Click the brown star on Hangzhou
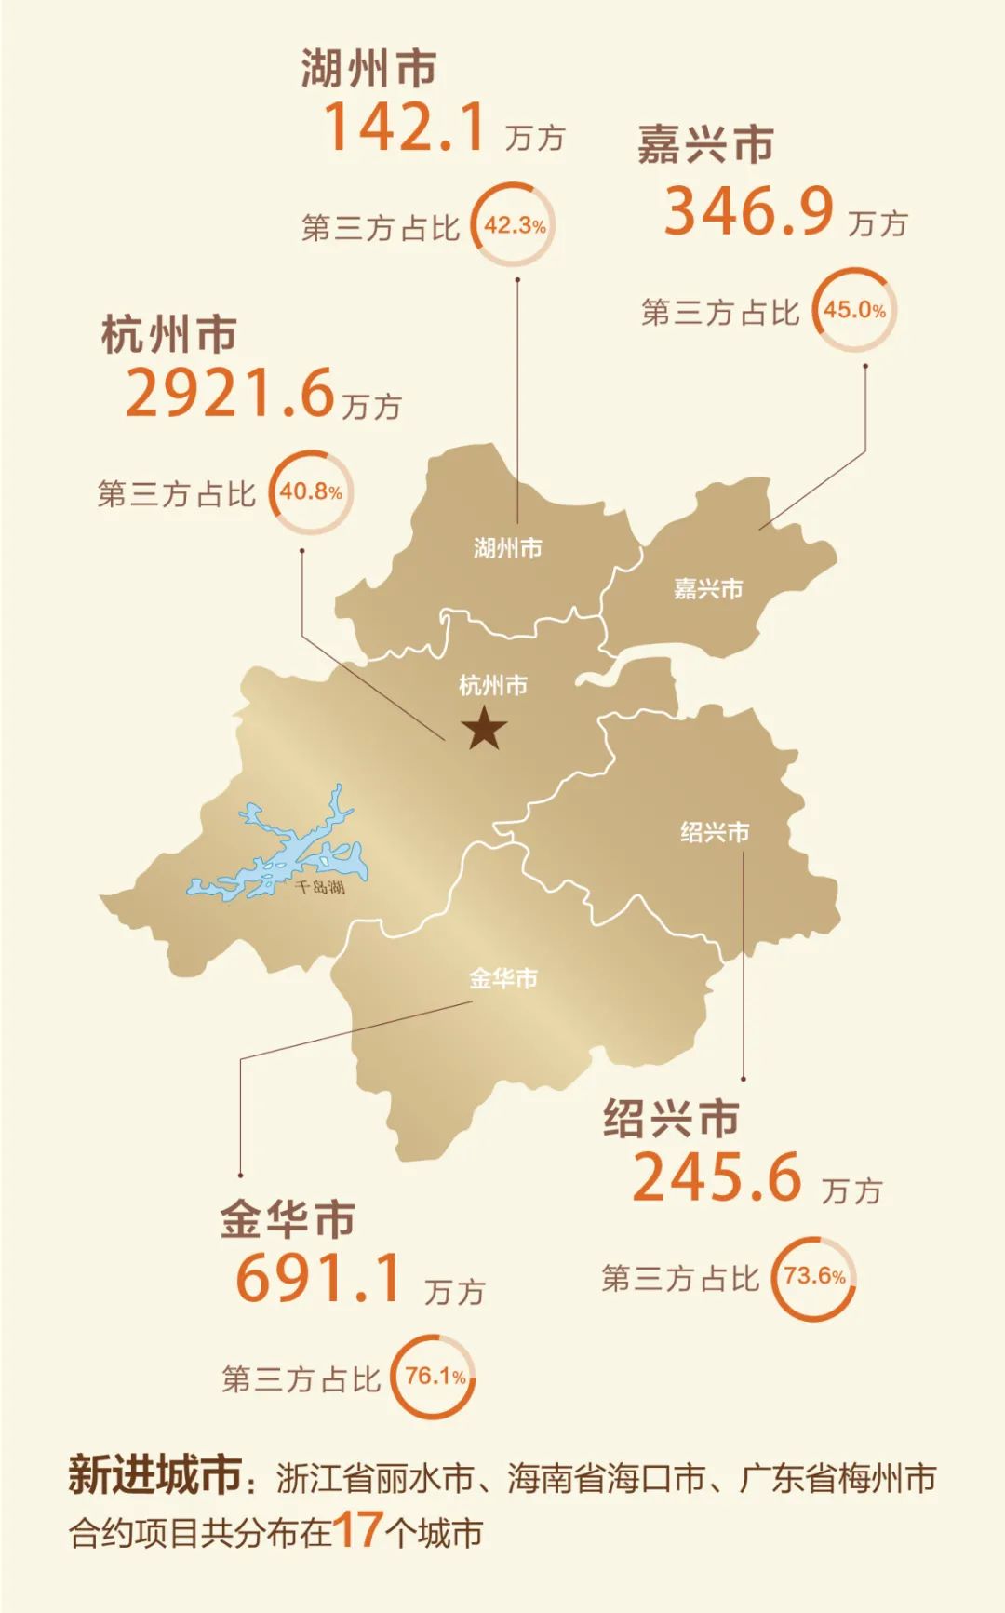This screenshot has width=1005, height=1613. (485, 728)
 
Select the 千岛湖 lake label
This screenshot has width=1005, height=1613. (319, 887)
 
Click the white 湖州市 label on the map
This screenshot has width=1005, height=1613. (507, 548)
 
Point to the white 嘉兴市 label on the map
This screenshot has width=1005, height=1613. (708, 588)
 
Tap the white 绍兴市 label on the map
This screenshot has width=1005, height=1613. (715, 832)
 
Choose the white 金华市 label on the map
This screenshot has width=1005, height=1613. (502, 978)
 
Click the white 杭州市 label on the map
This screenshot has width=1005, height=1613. (493, 686)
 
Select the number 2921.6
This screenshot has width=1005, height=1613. (229, 393)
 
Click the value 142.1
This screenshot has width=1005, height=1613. (405, 128)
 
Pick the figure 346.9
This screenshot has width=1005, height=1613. (748, 211)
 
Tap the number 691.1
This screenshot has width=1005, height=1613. (318, 1278)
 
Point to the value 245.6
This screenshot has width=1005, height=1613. (717, 1177)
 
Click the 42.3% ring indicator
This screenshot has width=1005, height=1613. (514, 225)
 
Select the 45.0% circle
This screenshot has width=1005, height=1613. (854, 310)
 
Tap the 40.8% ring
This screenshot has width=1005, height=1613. (311, 492)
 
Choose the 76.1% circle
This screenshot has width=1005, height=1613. (435, 1377)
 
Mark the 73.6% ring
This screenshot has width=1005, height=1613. (814, 1276)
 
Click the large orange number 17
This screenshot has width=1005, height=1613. (357, 1529)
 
